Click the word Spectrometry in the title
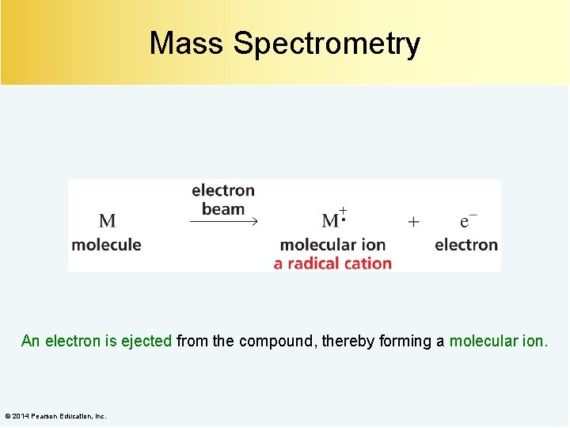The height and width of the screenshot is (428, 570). [326, 44]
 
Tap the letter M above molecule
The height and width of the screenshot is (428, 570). [107, 221]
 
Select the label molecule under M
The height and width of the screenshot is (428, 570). [106, 245]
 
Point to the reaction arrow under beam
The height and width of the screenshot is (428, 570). [224, 222]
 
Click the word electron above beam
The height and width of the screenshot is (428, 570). [223, 190]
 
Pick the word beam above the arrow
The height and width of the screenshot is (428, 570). [223, 209]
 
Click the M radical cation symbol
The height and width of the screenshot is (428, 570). [333, 220]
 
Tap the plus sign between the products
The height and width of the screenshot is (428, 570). [413, 222]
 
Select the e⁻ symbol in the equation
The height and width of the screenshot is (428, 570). [468, 221]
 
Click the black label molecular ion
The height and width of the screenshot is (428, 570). [332, 245]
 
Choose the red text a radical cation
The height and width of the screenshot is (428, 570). [332, 263]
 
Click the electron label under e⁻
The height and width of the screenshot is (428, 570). [466, 245]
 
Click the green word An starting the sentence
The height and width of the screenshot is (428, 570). [30, 342]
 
